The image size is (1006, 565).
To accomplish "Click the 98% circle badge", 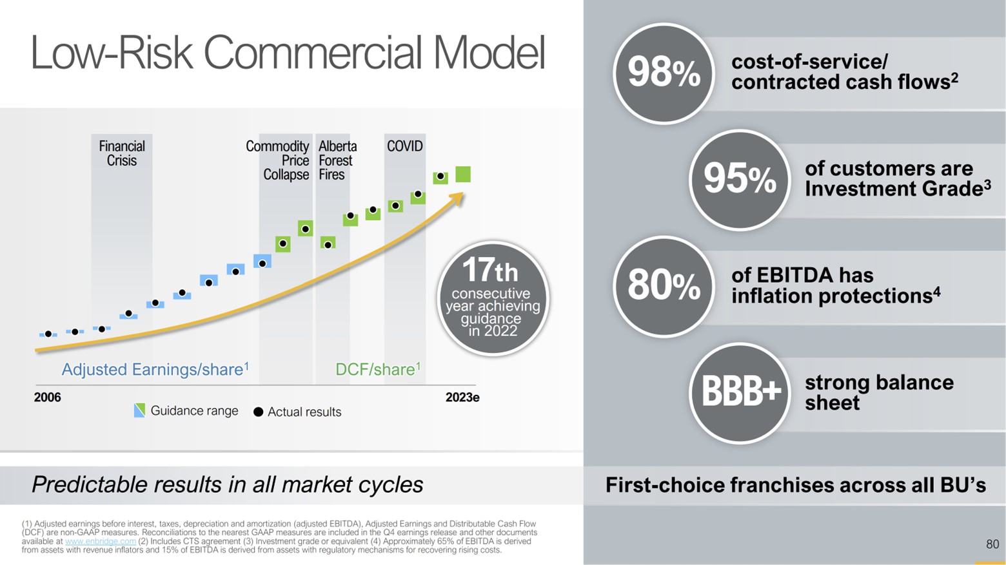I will [664, 73].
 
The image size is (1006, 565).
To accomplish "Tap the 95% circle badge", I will [739, 180].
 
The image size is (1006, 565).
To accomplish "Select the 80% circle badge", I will [664, 286].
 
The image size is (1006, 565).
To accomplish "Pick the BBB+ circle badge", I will [739, 392].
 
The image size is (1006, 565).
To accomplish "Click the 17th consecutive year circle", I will [493, 298].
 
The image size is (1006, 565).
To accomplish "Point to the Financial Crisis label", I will [121, 153].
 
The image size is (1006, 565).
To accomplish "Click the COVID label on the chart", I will [404, 146].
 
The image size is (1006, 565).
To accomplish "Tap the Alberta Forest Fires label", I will [337, 160].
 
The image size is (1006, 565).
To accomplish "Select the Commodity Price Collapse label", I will [278, 160].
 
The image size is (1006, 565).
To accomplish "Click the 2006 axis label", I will [47, 397].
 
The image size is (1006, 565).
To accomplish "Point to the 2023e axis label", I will [462, 397].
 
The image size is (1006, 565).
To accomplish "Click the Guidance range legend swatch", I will [139, 411].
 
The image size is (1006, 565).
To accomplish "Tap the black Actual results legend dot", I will [258, 412].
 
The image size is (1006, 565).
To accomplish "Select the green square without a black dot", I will [463, 174].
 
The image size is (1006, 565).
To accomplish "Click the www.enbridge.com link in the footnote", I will [101, 542].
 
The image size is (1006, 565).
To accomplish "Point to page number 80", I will [992, 544].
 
